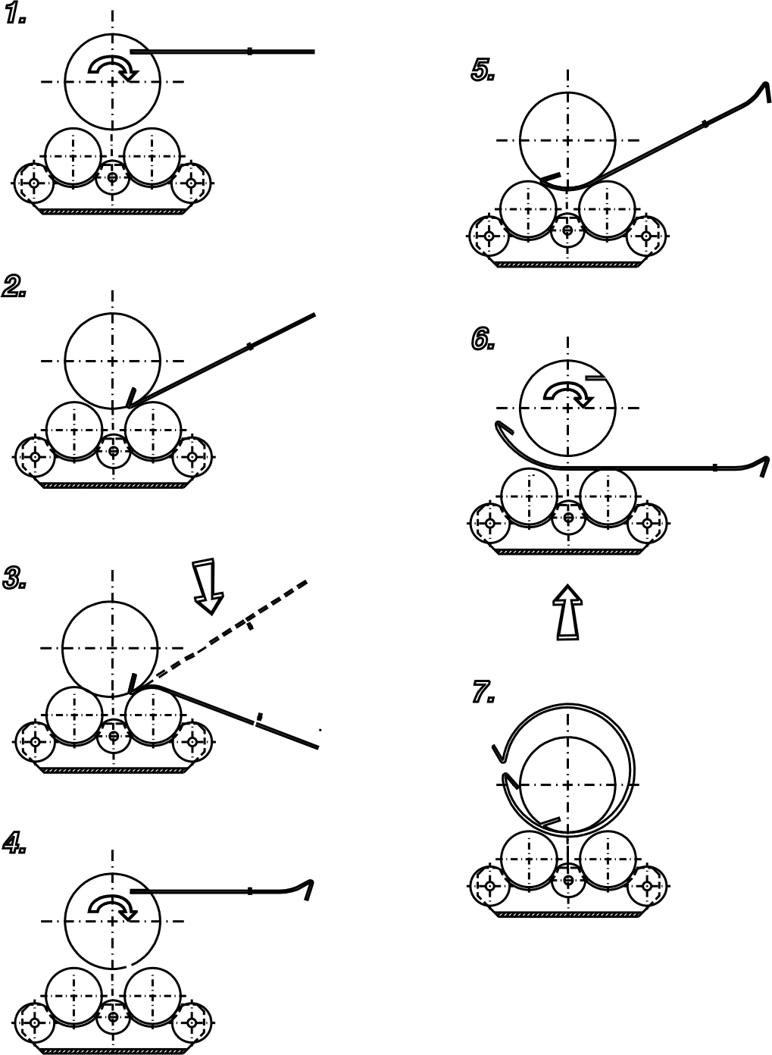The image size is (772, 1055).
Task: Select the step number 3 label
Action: pyautogui.click(x=14, y=578)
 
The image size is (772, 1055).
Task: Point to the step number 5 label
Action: pyautogui.click(x=483, y=70)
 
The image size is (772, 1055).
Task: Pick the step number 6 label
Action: pyautogui.click(x=483, y=339)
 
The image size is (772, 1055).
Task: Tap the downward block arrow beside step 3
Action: pyautogui.click(x=207, y=587)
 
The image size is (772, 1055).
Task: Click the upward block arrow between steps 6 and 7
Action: pyautogui.click(x=567, y=612)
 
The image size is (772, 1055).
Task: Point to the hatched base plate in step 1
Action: pyautogui.click(x=113, y=212)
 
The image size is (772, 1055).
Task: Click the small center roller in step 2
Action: pyautogui.click(x=113, y=451)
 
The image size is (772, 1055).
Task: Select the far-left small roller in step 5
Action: pyautogui.click(x=489, y=235)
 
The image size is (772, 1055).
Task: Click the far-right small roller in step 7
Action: pyautogui.click(x=647, y=886)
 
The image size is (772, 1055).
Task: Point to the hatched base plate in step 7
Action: pyautogui.click(x=569, y=915)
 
